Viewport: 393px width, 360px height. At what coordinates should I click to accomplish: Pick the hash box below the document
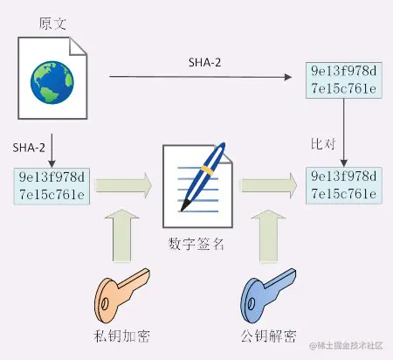[52, 184]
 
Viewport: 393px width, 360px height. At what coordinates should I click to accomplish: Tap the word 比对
[325, 142]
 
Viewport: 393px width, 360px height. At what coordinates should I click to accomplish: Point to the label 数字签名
[196, 243]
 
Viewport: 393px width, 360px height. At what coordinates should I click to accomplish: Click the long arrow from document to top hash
[201, 79]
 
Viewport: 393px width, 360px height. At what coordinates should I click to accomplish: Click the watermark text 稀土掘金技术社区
[348, 347]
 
